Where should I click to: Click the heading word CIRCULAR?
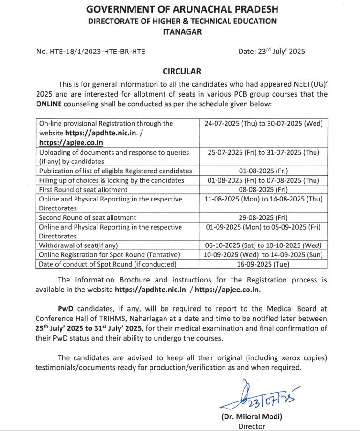coord(182,72)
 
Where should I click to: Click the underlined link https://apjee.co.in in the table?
coord(71,142)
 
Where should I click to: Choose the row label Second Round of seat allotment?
coord(88,217)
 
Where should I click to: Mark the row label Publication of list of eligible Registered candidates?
coord(116,171)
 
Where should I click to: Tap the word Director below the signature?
coord(252,426)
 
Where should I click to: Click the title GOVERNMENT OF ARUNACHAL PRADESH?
coord(181,9)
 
